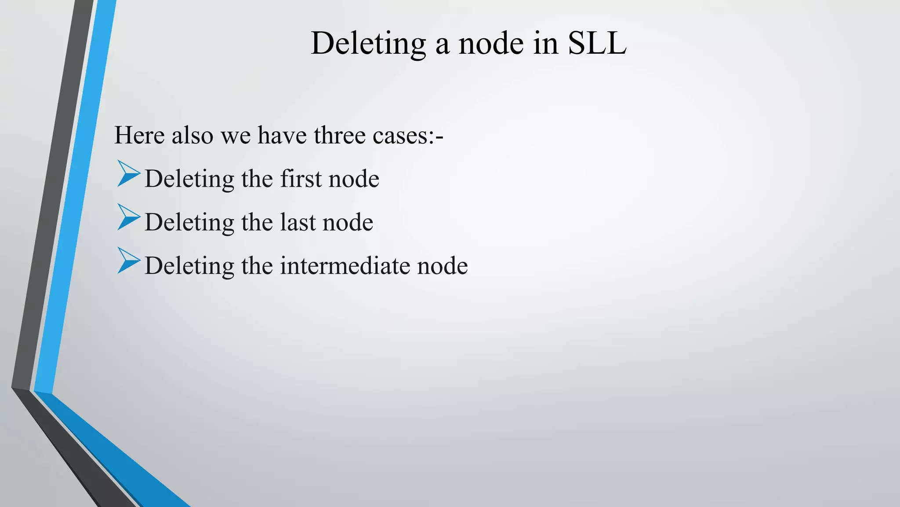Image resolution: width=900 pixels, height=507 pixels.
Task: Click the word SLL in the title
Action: coord(597,43)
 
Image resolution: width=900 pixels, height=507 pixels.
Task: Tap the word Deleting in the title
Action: coord(368,43)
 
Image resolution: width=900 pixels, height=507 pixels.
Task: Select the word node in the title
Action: coord(491,43)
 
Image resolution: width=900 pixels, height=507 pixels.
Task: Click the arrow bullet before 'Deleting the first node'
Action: coord(128,174)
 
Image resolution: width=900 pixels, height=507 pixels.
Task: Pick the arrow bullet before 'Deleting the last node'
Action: coord(128,217)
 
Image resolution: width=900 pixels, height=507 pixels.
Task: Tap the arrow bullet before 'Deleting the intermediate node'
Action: coord(128,261)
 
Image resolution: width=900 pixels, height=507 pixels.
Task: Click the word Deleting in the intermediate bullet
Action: coord(189,265)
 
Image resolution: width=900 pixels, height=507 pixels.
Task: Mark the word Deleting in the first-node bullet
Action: coord(189,179)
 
